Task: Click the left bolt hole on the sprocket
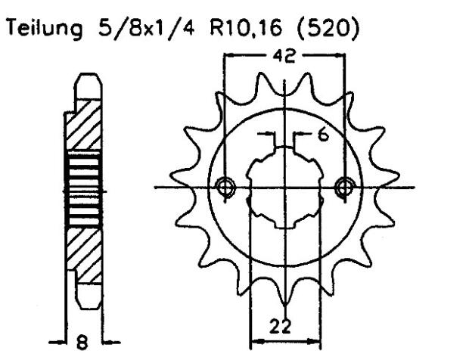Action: pyautogui.click(x=224, y=186)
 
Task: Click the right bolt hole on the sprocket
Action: pyautogui.click(x=345, y=186)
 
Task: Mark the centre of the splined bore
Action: pyautogui.click(x=284, y=187)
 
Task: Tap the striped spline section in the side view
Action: pyautogui.click(x=83, y=189)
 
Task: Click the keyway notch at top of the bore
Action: pyautogui.click(x=284, y=148)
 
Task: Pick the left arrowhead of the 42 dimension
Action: pyautogui.click(x=229, y=54)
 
